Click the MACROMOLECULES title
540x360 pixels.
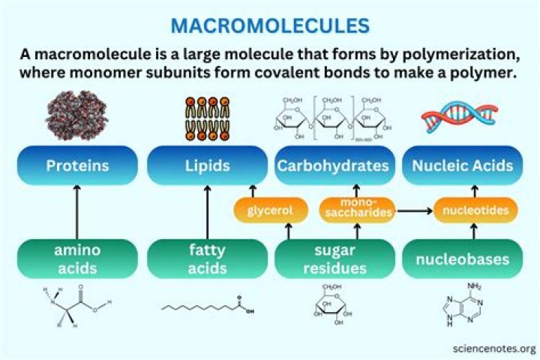pos(270,25)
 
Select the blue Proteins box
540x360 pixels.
pos(76,165)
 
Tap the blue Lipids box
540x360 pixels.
pos(207,165)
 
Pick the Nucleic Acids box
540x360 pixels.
pos(462,165)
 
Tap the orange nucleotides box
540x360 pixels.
pos(475,211)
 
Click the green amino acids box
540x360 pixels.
pos(76,259)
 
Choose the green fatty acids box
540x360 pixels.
pos(207,259)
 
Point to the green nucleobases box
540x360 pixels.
pos(462,259)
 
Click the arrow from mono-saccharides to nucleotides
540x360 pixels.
pos(414,211)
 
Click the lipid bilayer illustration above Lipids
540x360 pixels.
pos(206,118)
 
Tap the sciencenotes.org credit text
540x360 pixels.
pos(494,349)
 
